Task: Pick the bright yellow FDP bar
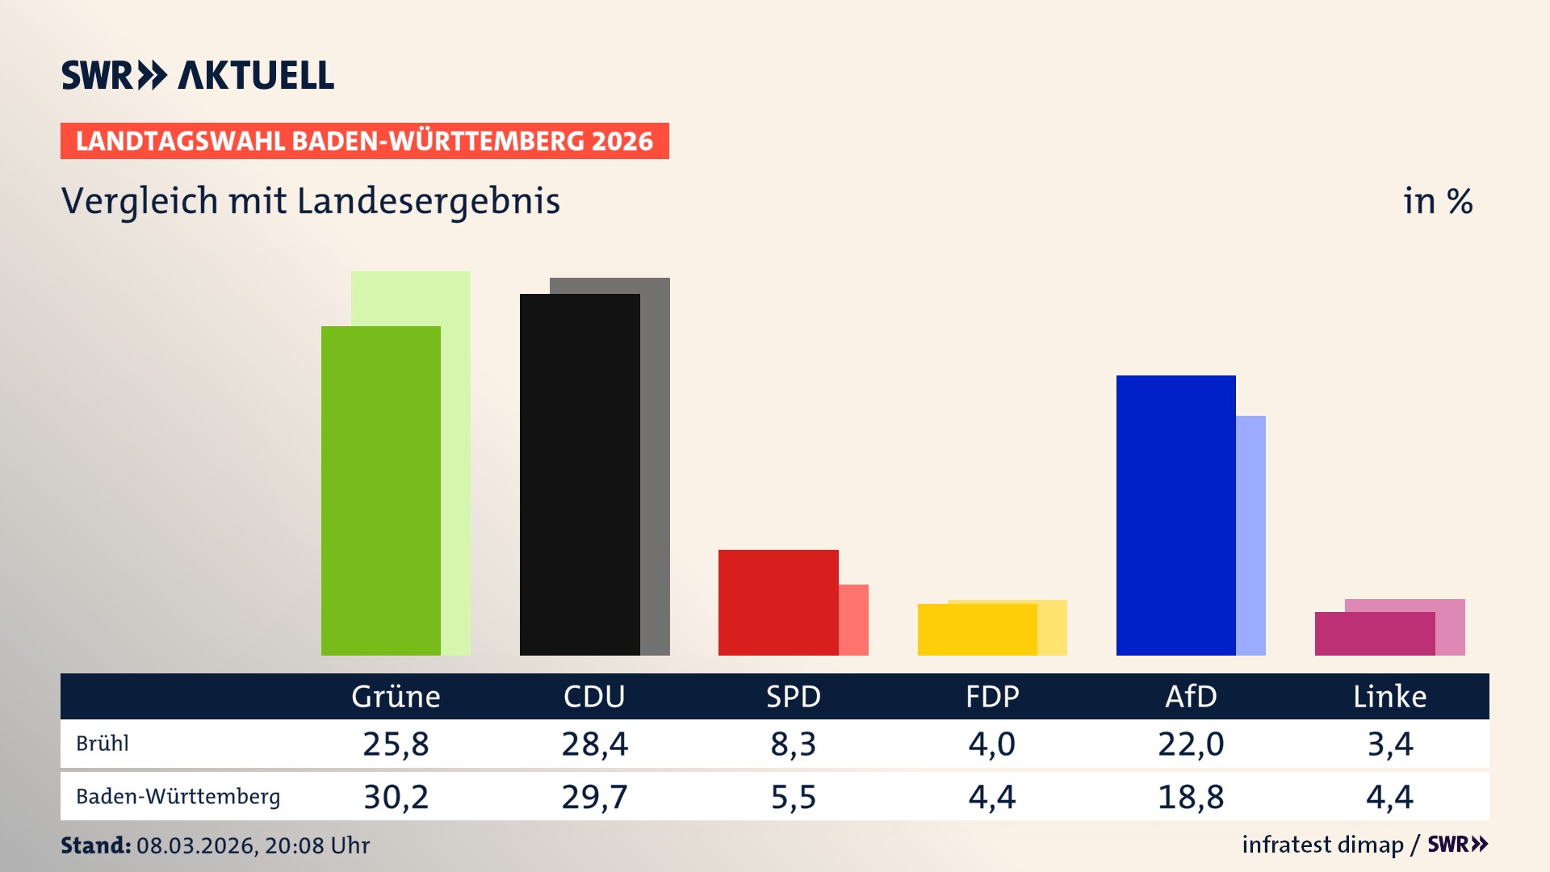(977, 629)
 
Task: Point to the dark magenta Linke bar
(1374, 634)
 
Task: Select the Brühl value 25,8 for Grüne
(396, 744)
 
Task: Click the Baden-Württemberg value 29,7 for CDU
(594, 797)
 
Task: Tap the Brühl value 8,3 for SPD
(793, 744)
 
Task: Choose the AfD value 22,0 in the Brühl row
(1191, 744)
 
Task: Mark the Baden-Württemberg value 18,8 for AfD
(1191, 797)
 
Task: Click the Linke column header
(1389, 696)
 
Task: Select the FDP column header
(992, 696)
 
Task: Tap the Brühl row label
(103, 744)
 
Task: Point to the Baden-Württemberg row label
(178, 797)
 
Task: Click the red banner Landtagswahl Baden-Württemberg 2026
(364, 140)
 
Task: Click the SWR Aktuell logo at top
(197, 75)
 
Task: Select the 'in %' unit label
(1437, 201)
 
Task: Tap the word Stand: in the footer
(95, 845)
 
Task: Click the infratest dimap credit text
(1322, 845)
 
